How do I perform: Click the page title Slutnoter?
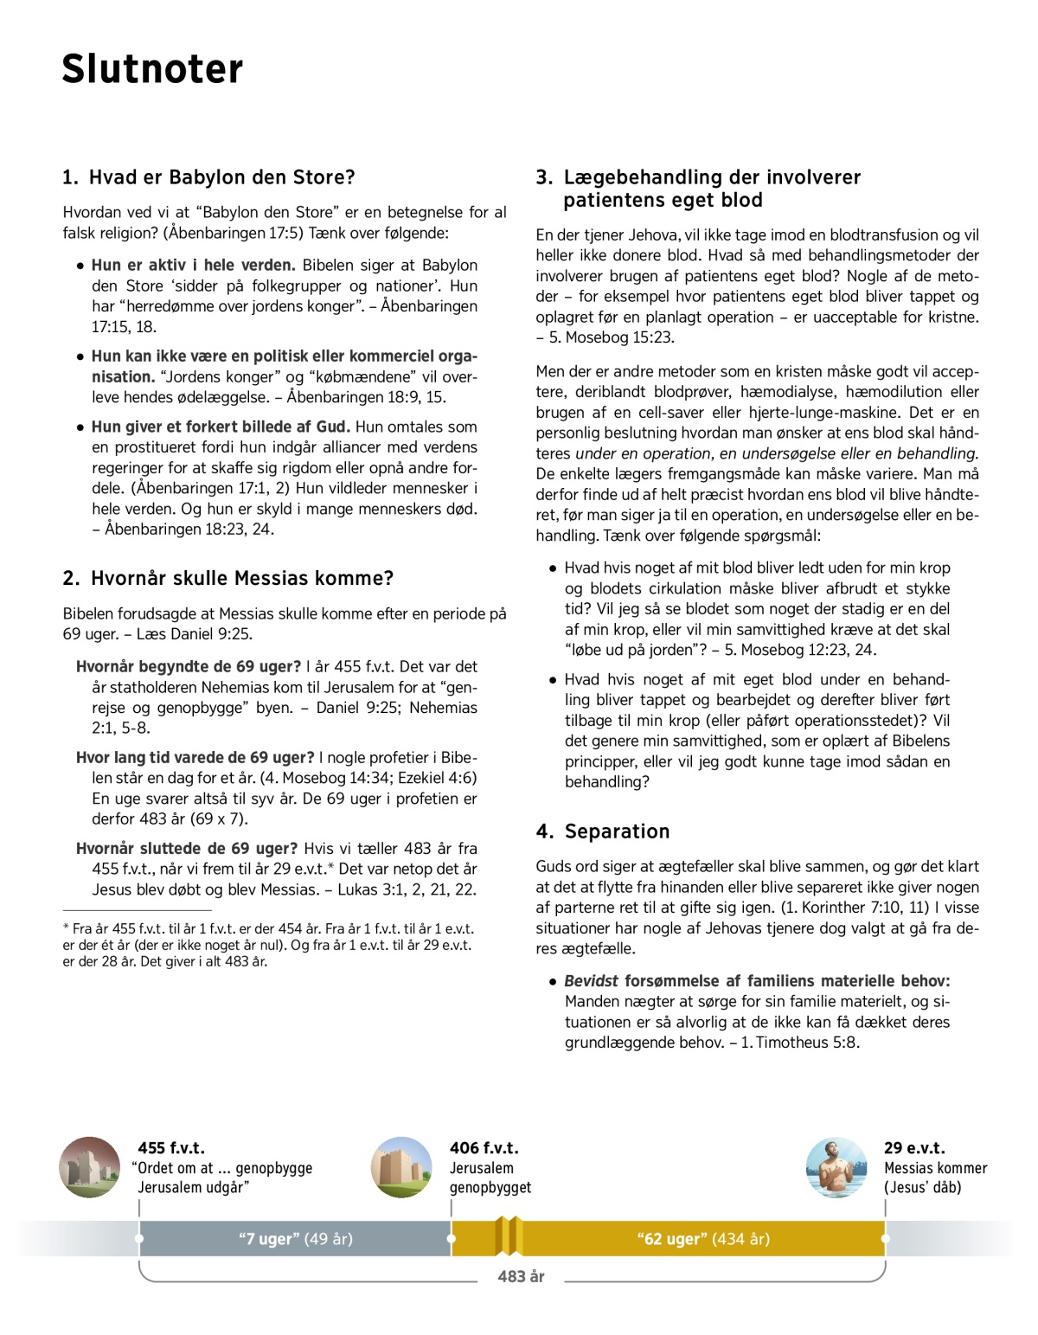(x=152, y=69)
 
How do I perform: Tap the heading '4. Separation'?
(x=603, y=831)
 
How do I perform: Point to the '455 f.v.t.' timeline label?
(x=171, y=1148)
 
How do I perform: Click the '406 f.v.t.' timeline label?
(x=484, y=1148)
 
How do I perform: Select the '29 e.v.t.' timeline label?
(x=914, y=1148)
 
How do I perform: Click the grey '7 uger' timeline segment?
(x=295, y=1239)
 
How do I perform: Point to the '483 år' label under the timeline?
(x=521, y=1276)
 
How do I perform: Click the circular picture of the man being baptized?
(x=836, y=1167)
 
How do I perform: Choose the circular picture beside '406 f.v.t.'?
(x=401, y=1167)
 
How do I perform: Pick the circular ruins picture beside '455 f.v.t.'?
(x=90, y=1167)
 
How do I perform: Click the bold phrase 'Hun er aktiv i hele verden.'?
(x=194, y=266)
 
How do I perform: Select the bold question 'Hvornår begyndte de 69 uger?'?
(x=189, y=667)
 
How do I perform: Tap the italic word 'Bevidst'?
(x=591, y=981)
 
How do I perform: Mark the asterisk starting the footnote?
(x=66, y=927)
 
